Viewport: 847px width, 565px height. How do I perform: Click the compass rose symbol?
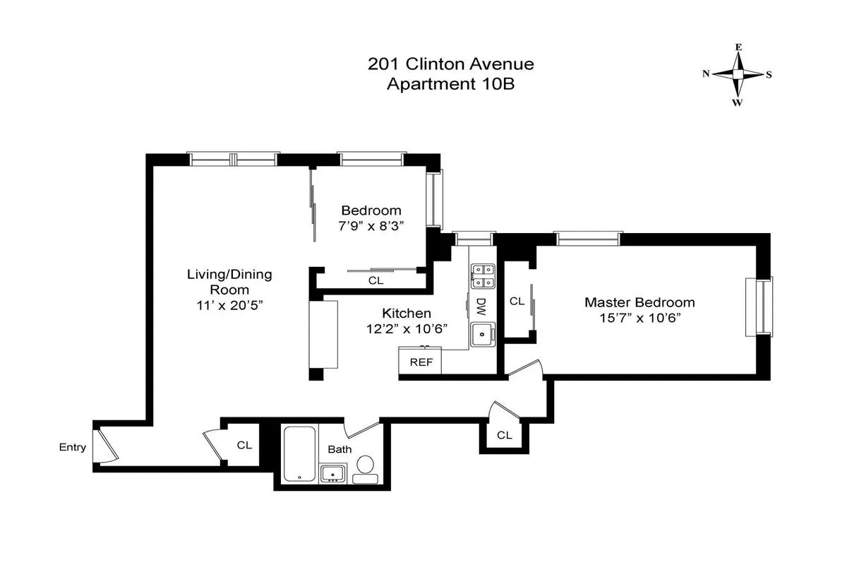(x=738, y=74)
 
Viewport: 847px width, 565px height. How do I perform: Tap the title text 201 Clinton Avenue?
(x=450, y=64)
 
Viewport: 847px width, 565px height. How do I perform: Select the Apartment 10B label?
(x=450, y=84)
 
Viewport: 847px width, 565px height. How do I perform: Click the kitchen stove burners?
(x=483, y=275)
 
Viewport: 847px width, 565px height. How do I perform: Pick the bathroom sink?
(x=332, y=473)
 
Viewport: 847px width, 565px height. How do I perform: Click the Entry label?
(x=73, y=447)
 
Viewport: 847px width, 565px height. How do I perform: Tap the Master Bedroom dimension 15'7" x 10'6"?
(x=639, y=318)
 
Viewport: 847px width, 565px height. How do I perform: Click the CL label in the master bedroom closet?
(x=517, y=301)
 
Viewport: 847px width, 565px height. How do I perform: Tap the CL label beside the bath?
(x=244, y=445)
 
